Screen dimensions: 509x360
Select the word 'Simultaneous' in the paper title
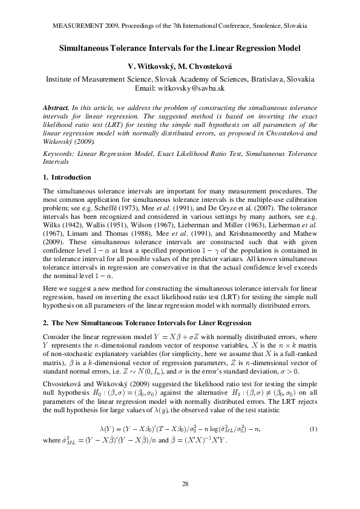pyautogui.click(x=89, y=47)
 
